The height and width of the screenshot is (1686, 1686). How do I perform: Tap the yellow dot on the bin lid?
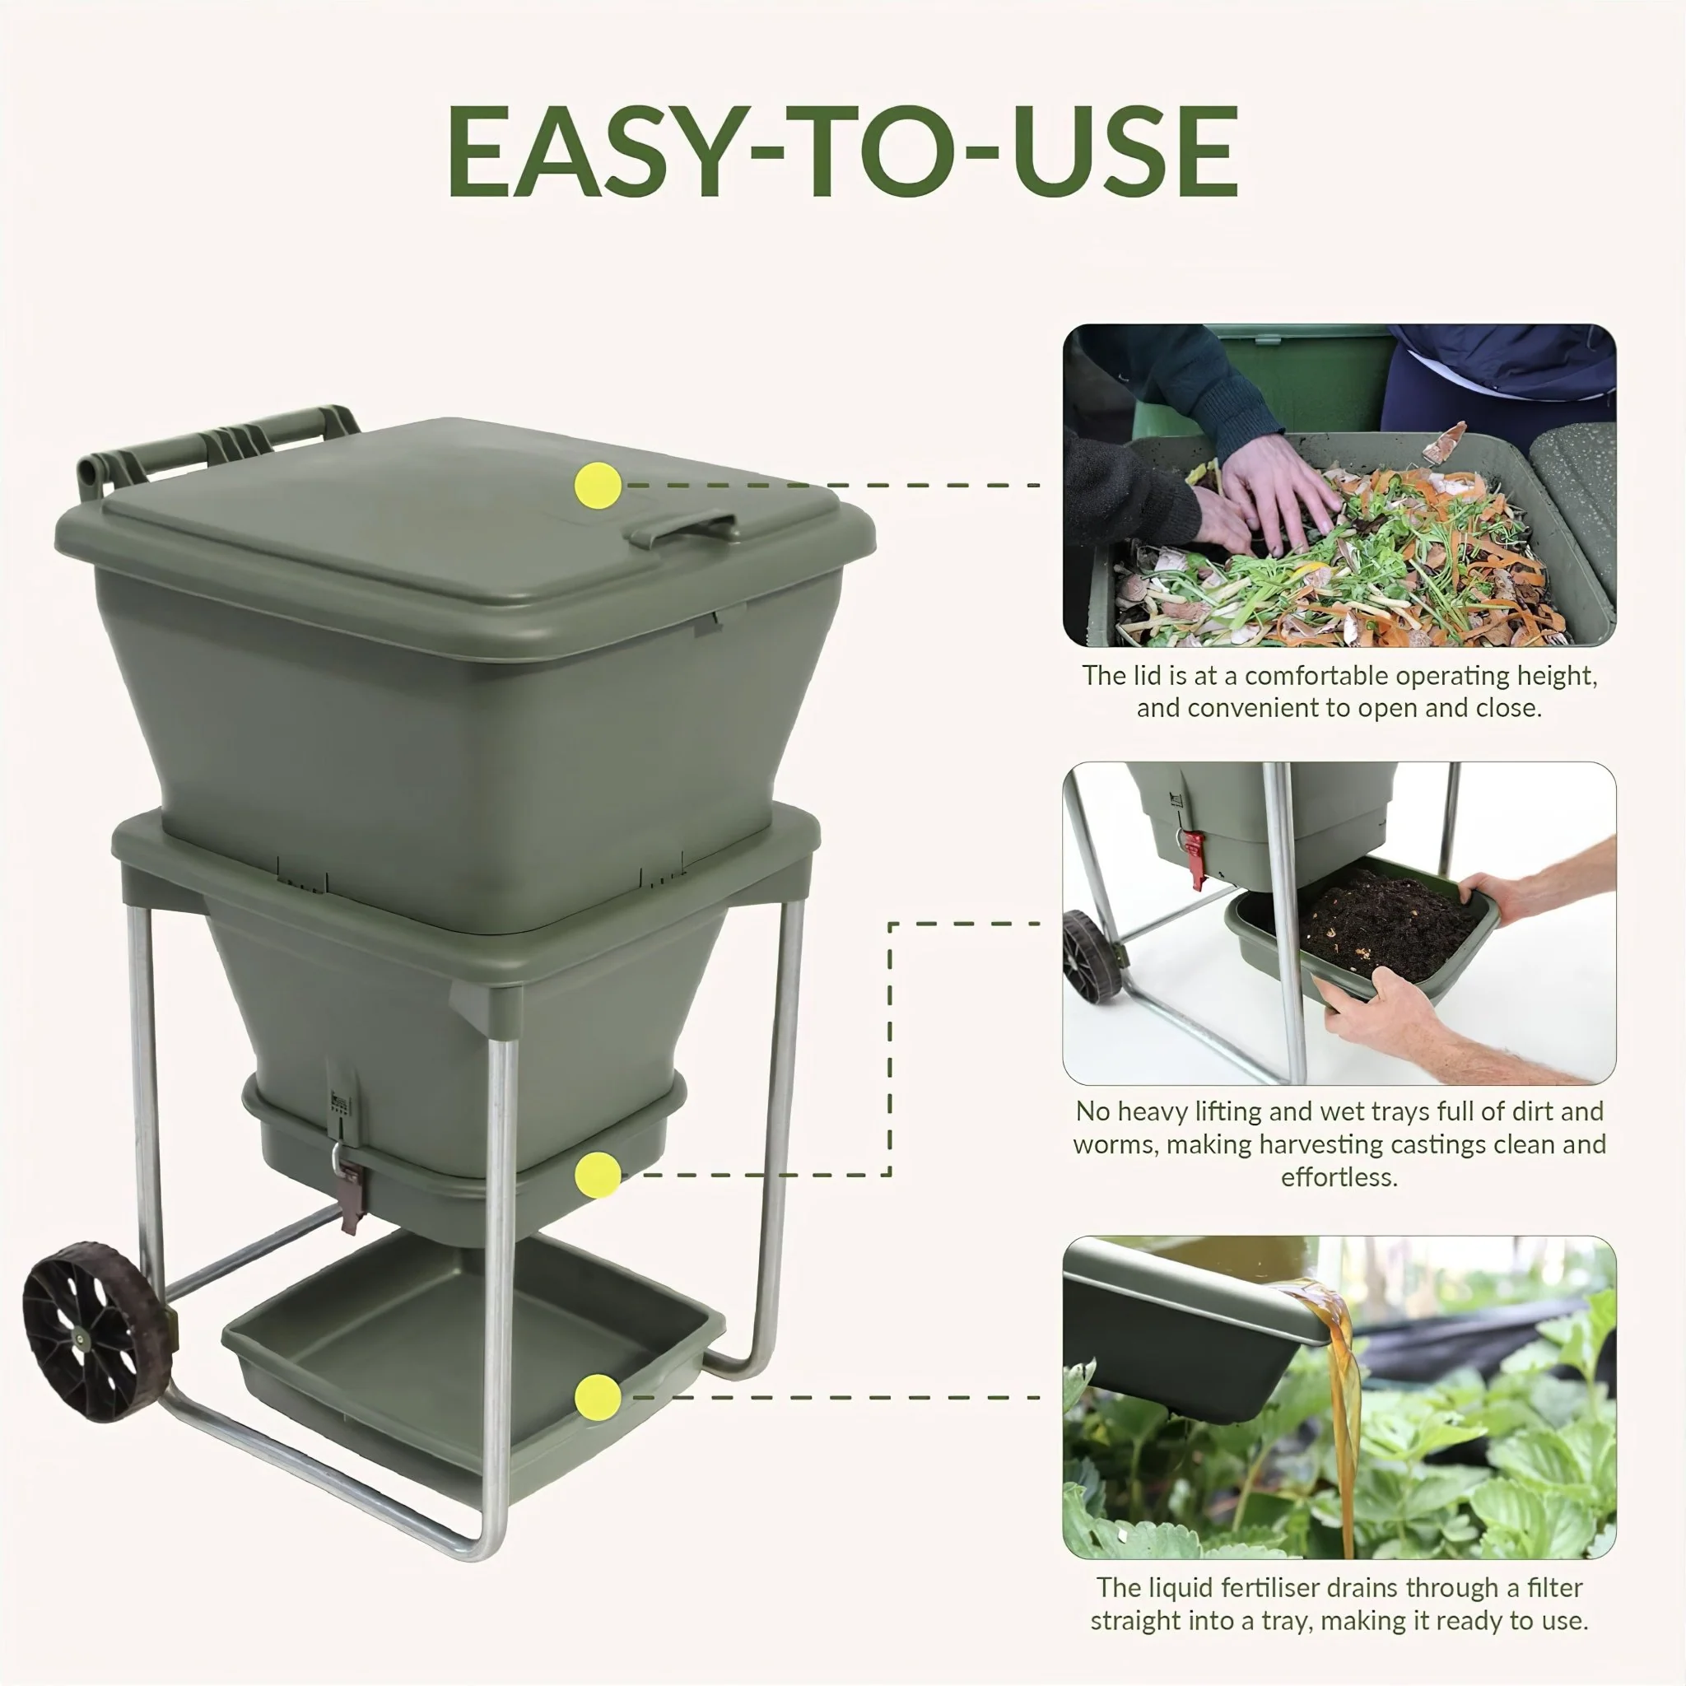pos(598,486)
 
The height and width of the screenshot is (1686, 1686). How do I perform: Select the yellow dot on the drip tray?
pos(598,1397)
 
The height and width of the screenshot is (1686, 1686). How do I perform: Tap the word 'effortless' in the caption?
pos(1339,1177)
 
